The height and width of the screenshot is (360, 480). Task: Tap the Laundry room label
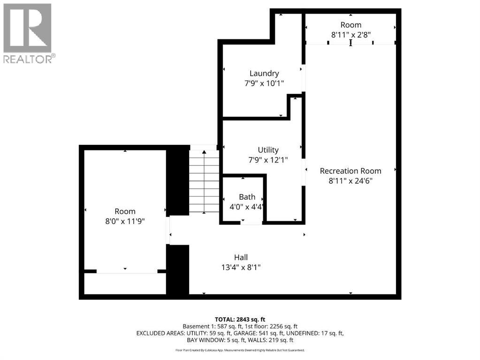(x=264, y=73)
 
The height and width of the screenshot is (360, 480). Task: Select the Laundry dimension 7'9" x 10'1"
(x=264, y=83)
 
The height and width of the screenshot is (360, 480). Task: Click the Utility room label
(x=268, y=150)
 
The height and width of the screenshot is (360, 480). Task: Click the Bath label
(x=247, y=196)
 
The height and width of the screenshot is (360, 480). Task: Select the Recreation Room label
(x=350, y=171)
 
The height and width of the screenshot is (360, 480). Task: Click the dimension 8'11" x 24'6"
(x=350, y=180)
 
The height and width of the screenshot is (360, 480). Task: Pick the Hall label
(x=241, y=257)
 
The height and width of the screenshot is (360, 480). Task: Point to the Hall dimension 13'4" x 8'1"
(x=241, y=267)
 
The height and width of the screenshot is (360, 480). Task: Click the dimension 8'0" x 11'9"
(x=125, y=221)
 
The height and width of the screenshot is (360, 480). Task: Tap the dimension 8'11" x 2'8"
(x=350, y=34)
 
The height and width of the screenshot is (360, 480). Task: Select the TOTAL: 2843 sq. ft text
(x=240, y=319)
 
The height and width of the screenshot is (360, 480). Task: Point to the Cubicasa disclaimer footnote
(x=240, y=350)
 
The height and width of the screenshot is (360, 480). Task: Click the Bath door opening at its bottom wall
(x=251, y=223)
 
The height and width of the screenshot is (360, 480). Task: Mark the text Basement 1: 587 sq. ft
(x=209, y=326)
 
